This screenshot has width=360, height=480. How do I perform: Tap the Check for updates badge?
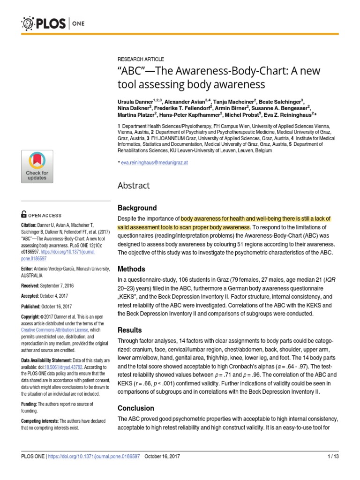tap(37, 166)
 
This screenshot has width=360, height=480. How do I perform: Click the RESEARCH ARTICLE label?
tap(141, 59)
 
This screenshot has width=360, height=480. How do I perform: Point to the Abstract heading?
tap(134, 186)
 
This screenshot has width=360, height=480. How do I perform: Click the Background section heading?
tap(137, 208)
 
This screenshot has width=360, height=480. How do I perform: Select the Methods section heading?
tap(131, 269)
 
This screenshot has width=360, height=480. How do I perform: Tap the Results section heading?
tap(129, 330)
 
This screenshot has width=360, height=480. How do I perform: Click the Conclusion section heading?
tap(135, 395)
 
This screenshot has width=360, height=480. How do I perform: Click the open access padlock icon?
tap(24, 215)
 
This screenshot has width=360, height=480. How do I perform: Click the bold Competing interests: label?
tap(40, 421)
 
